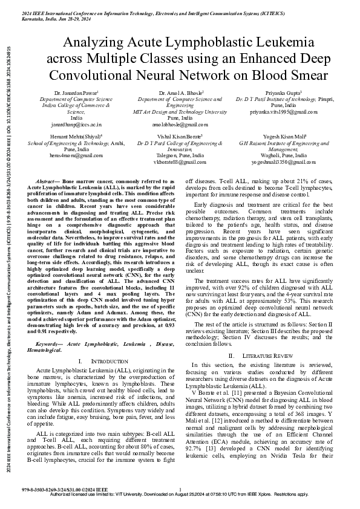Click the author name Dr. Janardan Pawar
pyautogui.click(x=76, y=92)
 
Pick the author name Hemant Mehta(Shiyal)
pyautogui.click(x=76, y=137)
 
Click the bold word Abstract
pyautogui.click(x=47, y=181)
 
